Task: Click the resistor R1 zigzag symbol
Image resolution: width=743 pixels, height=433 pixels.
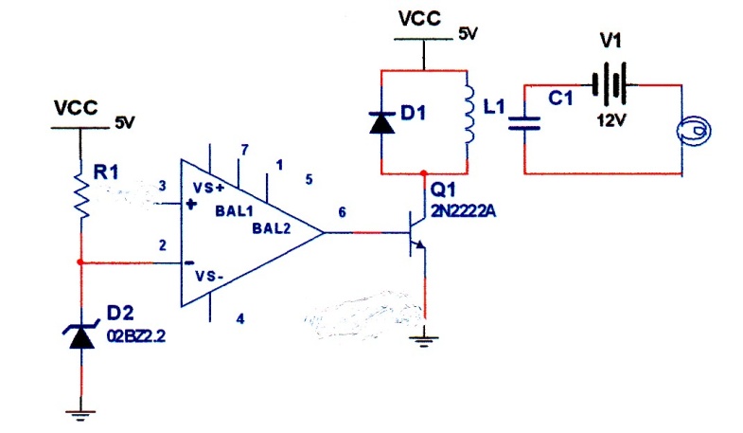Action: pyautogui.click(x=81, y=195)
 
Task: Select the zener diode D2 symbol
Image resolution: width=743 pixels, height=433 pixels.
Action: pyautogui.click(x=81, y=335)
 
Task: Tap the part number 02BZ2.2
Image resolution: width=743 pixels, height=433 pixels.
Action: pyautogui.click(x=136, y=336)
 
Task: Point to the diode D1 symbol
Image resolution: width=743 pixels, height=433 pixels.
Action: pyautogui.click(x=382, y=123)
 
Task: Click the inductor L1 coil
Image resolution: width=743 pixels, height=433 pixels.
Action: pyautogui.click(x=469, y=115)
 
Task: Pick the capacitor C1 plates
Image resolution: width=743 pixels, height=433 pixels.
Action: pyautogui.click(x=524, y=123)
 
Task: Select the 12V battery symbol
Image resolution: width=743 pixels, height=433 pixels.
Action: pyautogui.click(x=610, y=85)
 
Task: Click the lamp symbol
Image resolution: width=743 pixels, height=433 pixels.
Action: pyautogui.click(x=693, y=131)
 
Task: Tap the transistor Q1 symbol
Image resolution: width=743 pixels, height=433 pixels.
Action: pyautogui.click(x=416, y=233)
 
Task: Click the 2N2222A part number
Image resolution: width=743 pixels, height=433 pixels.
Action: pyautogui.click(x=464, y=210)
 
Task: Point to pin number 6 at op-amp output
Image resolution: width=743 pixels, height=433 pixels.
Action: pyautogui.click(x=342, y=212)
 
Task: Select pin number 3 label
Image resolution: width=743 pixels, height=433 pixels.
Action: pyautogui.click(x=163, y=186)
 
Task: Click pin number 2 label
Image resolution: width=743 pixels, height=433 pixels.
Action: pyautogui.click(x=163, y=245)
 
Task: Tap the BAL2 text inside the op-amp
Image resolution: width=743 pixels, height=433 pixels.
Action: pyautogui.click(x=271, y=228)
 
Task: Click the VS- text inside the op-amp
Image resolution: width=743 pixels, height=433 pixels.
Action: pyautogui.click(x=209, y=276)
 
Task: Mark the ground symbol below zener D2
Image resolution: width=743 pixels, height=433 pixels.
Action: pyautogui.click(x=80, y=415)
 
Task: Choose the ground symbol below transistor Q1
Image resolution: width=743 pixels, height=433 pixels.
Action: pyautogui.click(x=424, y=341)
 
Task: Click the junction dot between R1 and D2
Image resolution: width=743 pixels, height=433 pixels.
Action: pyautogui.click(x=80, y=262)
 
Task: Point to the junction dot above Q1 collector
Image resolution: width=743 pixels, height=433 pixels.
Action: pyautogui.click(x=424, y=173)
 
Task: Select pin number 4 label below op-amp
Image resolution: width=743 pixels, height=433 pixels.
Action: pyautogui.click(x=240, y=318)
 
